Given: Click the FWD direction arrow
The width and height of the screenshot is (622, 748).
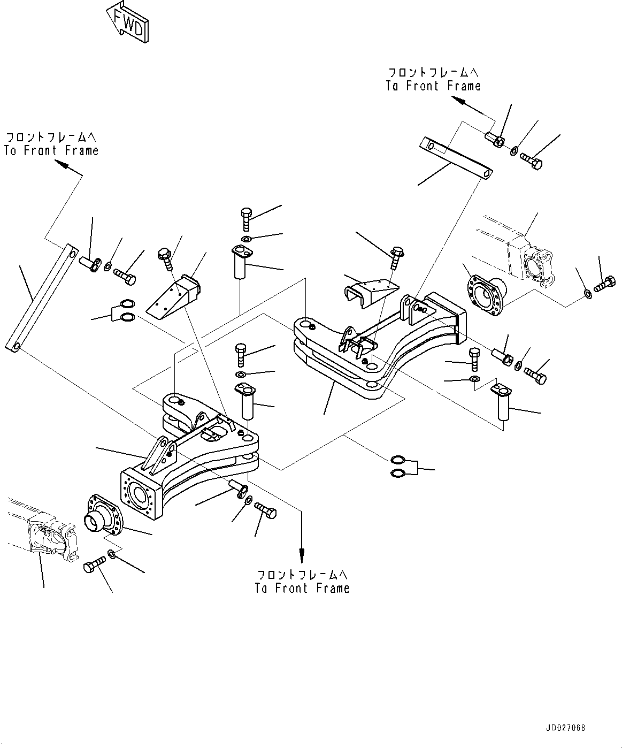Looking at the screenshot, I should click(x=127, y=21).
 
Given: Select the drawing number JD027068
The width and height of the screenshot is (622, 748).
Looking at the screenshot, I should click(x=566, y=729).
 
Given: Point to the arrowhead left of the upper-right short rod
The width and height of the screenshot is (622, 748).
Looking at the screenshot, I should click(x=455, y=100).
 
